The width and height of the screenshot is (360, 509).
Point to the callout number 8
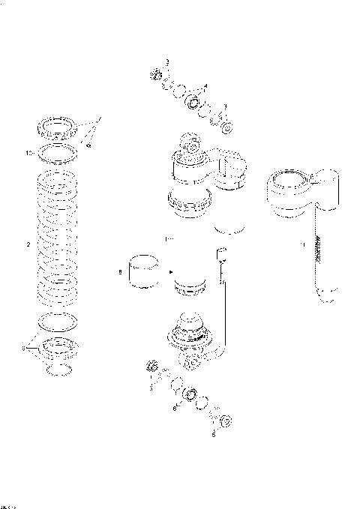pos(119,273)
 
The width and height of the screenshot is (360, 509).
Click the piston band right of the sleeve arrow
pos(190,286)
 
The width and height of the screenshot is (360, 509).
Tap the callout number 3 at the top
pos(167,61)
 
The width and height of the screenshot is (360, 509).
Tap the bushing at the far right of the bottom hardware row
pos(224,421)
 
